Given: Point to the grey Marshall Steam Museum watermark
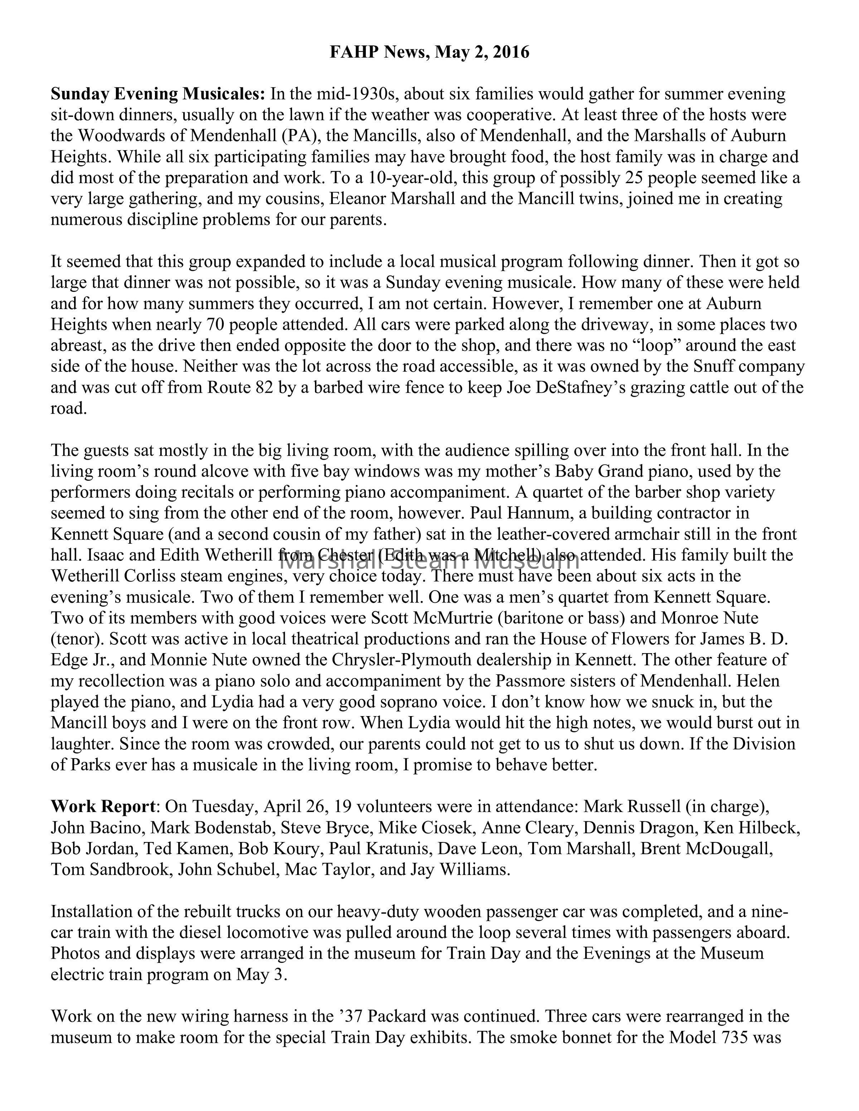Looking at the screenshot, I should pos(429,562).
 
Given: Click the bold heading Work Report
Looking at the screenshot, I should pos(103,807).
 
